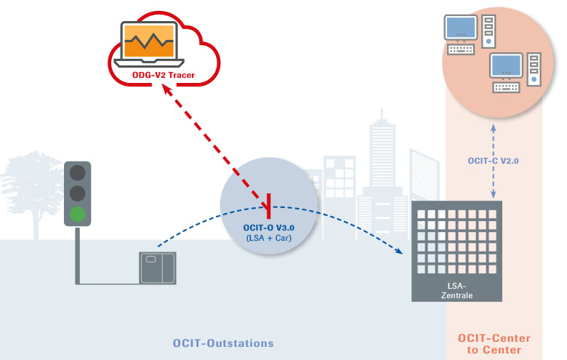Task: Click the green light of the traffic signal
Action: tap(78, 214)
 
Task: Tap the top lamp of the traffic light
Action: tap(78, 174)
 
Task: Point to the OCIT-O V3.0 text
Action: tap(269, 227)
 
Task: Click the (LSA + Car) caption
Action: tap(269, 238)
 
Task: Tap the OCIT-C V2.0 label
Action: tap(494, 160)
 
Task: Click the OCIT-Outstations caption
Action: tap(222, 342)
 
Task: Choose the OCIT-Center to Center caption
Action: tap(494, 344)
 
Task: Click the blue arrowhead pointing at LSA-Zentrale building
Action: tap(400, 252)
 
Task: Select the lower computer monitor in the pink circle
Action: tap(507, 66)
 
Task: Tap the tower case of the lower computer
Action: tap(534, 69)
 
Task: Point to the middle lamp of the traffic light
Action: tap(78, 193)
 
